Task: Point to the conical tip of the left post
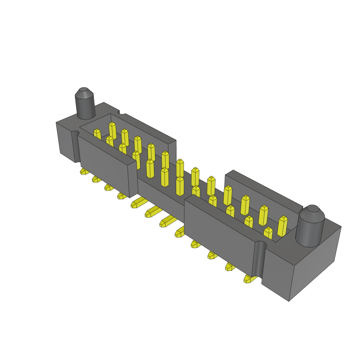coord(84,92)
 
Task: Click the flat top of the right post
coord(313,208)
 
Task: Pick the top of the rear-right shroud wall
coord(264,188)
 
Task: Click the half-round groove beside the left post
coord(75,146)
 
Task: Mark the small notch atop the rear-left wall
coord(122,112)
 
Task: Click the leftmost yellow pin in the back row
coord(112,130)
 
